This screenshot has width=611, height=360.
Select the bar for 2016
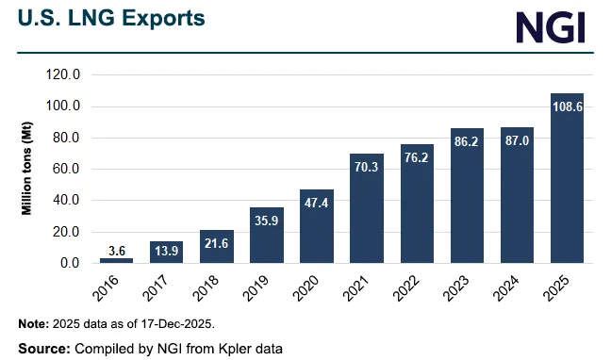coord(116,260)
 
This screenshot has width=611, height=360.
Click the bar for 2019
coord(267,236)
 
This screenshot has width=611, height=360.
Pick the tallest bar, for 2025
coord(567,179)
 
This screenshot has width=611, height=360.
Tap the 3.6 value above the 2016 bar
coord(116,250)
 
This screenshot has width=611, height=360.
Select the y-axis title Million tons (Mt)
coord(29,169)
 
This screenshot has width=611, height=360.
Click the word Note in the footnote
coord(33,323)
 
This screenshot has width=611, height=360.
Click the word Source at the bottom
coord(41,348)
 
